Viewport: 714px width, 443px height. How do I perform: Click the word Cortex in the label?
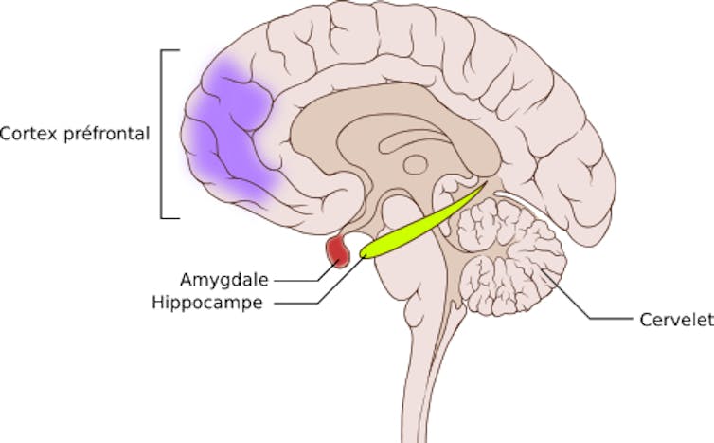[x=28, y=134]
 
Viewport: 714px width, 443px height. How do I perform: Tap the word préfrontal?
[x=107, y=133]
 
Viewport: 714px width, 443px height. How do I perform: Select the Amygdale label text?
[x=224, y=280]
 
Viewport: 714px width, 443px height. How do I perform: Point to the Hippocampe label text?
[x=207, y=303]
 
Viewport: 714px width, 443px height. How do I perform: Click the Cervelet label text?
[x=677, y=320]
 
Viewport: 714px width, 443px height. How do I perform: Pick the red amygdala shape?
[x=337, y=251]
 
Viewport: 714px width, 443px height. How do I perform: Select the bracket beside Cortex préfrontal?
[x=162, y=134]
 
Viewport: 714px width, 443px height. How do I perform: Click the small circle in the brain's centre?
[x=416, y=165]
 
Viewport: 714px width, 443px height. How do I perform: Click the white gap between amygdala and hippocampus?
[x=358, y=241]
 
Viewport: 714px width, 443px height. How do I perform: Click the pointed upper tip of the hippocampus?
[x=485, y=184]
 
